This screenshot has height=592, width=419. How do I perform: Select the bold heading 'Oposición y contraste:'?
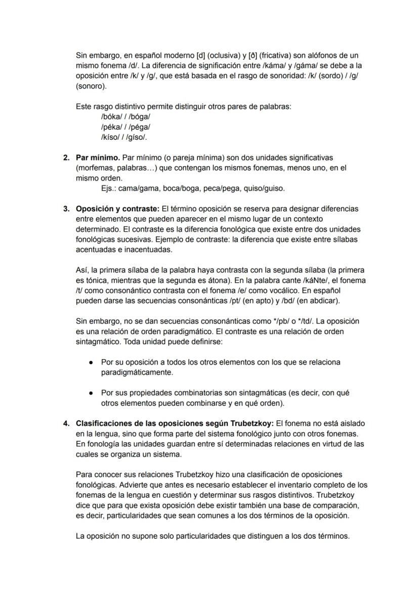[x=117, y=209]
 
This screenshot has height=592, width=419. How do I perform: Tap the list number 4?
[x=66, y=423]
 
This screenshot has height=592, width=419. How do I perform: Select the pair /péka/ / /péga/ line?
[x=125, y=127]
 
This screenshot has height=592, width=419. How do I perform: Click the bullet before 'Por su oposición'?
[x=90, y=363]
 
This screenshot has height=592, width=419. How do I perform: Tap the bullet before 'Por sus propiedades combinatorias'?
[x=90, y=393]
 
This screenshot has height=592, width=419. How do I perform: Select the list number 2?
[x=66, y=158]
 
